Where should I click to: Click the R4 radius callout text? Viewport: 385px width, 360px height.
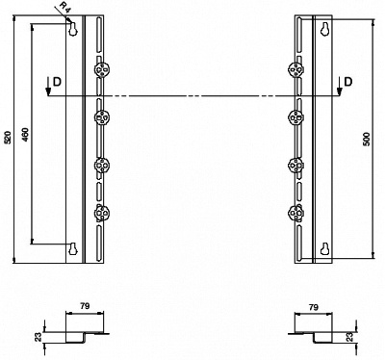[x=65, y=7]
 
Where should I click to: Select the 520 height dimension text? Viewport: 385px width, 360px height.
[x=9, y=137]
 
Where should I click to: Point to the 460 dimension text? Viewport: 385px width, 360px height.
[x=26, y=135]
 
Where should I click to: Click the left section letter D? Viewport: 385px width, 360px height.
[x=57, y=82]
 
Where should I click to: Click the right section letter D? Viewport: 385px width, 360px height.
[x=347, y=82]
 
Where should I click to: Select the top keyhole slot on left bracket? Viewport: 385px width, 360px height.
[x=73, y=29]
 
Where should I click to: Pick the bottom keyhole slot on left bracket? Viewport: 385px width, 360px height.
[x=73, y=248]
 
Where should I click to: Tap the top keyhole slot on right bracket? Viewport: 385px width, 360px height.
[x=325, y=29]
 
